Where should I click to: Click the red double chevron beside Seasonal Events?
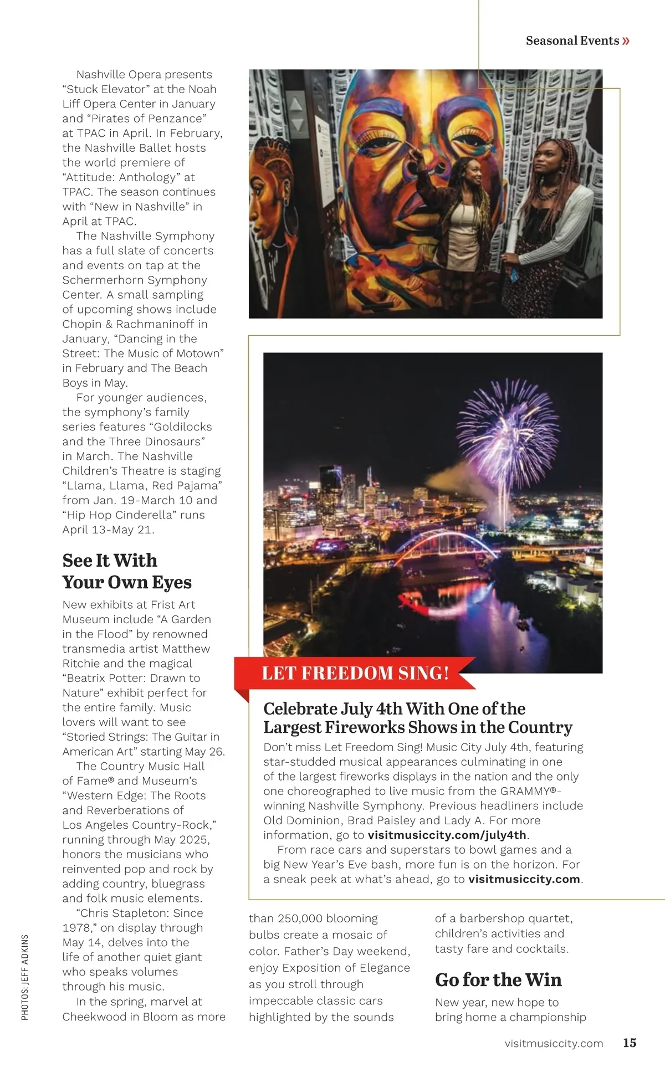point(626,40)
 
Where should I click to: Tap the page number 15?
point(630,1043)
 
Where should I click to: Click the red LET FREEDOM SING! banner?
point(355,673)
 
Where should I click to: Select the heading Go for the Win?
point(498,979)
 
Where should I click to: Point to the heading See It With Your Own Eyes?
point(127,571)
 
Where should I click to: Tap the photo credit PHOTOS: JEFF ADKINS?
point(25,977)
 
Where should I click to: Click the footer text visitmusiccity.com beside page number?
point(554,1043)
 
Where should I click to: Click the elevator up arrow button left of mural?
point(296,105)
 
